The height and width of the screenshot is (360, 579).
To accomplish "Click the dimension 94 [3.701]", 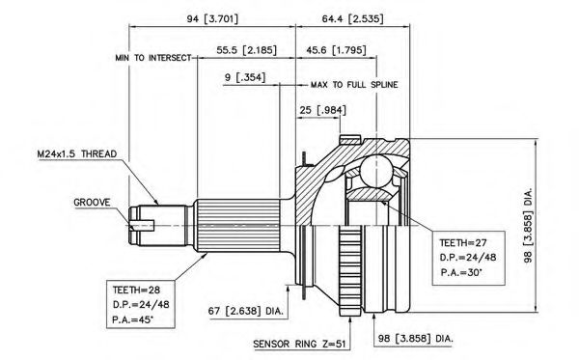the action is [212, 19].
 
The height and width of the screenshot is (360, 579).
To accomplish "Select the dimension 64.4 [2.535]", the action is [352, 19].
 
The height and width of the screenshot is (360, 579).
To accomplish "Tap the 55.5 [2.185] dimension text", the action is [246, 50].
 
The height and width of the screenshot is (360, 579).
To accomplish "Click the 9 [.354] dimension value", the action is [245, 77].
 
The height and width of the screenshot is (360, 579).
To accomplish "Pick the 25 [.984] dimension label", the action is [322, 110].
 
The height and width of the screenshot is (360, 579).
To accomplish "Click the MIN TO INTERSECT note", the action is [153, 58].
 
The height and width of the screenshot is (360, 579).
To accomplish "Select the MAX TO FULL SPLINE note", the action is [354, 85].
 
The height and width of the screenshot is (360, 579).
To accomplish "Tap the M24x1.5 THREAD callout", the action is [77, 154].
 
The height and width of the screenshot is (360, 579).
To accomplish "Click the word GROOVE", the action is [92, 203].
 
